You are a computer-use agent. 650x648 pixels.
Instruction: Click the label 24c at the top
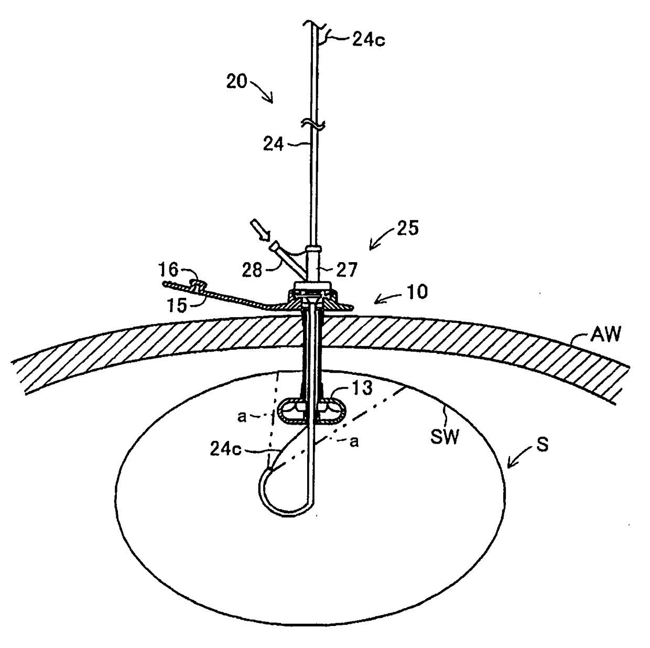(x=368, y=40)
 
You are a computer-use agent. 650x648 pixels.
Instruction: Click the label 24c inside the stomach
(x=225, y=449)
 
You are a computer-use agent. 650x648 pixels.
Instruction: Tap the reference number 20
(x=236, y=81)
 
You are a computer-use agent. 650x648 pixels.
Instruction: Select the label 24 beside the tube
(x=274, y=144)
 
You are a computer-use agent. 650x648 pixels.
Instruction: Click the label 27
(x=346, y=269)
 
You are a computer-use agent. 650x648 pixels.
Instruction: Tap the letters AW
(x=605, y=333)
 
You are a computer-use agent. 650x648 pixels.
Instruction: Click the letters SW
(x=445, y=436)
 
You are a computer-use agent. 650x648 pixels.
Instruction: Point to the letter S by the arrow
(x=542, y=445)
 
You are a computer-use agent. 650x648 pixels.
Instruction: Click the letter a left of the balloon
(x=242, y=416)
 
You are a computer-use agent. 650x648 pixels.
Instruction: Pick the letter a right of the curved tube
(x=354, y=441)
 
